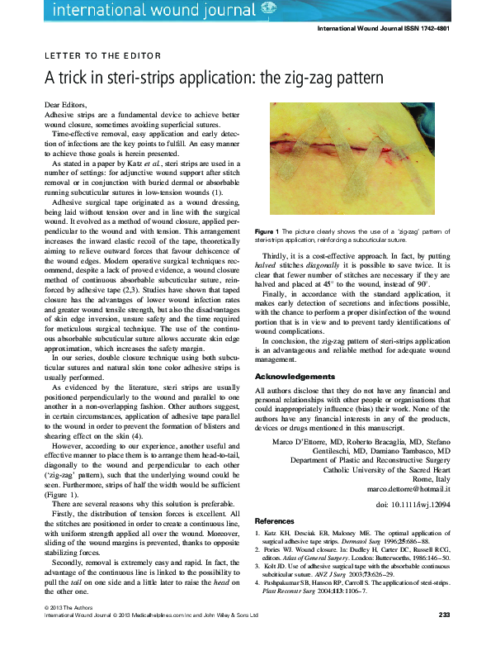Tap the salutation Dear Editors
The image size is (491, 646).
tap(64, 107)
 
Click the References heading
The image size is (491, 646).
tap(274, 522)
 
